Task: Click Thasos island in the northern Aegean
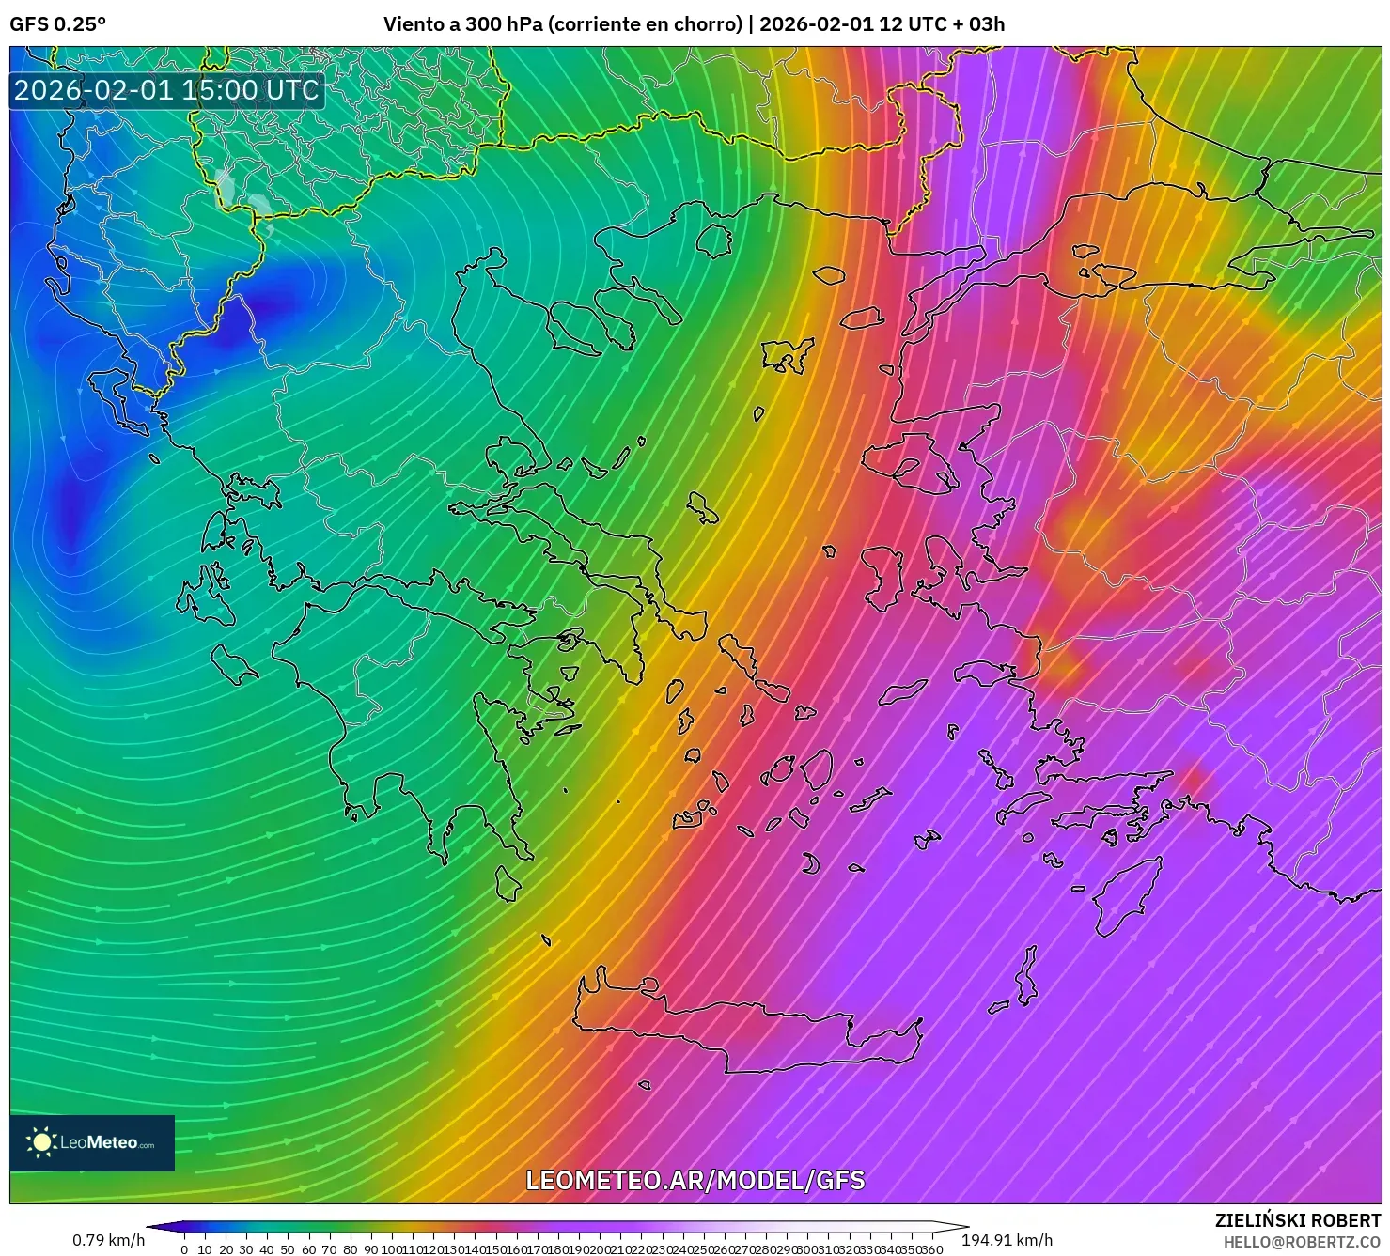point(714,240)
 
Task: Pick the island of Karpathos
point(1026,977)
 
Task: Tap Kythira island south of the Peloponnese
point(508,883)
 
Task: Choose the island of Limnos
point(786,355)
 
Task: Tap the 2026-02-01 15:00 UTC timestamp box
point(167,91)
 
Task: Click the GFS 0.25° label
point(58,24)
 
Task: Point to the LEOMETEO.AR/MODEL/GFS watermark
point(695,1180)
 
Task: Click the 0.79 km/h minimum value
point(108,1240)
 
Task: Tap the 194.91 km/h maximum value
point(1007,1240)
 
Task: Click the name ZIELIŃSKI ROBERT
point(1297,1220)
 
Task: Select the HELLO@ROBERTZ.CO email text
point(1302,1242)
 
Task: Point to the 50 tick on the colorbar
point(288,1249)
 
